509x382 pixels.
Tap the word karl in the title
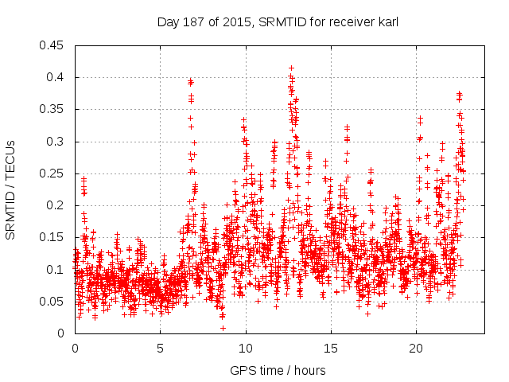coord(387,22)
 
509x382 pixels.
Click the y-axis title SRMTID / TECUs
coord(10,189)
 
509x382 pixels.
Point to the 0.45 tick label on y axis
coord(53,45)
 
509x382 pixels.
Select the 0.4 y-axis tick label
coord(56,77)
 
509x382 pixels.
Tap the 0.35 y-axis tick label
coord(53,109)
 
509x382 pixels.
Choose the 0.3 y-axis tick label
coord(56,142)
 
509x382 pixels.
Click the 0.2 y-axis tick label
coord(56,205)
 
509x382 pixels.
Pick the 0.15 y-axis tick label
coord(53,237)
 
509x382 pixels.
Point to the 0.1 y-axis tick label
coord(56,270)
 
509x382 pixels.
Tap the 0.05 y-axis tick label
coord(53,302)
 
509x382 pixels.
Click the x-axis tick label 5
coord(160,349)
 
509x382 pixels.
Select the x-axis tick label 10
coord(245,349)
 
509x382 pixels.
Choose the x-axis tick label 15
coord(330,349)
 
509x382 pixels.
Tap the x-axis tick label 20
coord(415,349)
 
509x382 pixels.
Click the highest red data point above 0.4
coord(291,68)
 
